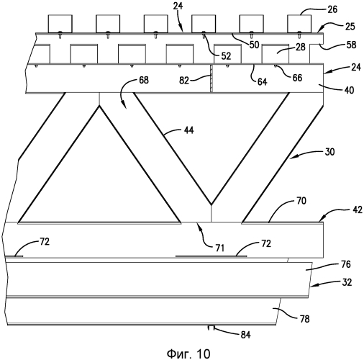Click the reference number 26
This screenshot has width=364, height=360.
(332, 9)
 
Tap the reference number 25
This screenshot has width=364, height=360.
(350, 27)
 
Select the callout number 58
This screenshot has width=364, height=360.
(351, 45)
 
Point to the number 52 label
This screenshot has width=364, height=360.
(226, 56)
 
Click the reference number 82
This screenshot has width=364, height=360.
(184, 81)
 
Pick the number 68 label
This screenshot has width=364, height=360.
(144, 80)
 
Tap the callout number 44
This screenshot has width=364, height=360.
(188, 130)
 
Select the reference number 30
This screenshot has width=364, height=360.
(329, 152)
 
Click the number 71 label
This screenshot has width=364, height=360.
(220, 248)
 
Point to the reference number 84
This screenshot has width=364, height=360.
(245, 335)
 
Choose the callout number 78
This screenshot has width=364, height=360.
(304, 319)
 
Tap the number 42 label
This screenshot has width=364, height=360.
(358, 210)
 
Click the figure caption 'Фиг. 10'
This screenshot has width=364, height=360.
(188, 354)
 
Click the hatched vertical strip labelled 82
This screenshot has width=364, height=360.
(211, 78)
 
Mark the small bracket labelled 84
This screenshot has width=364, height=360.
(211, 328)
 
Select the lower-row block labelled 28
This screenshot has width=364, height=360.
(276, 54)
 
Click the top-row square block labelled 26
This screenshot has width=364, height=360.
(299, 24)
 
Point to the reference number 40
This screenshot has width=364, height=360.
(349, 90)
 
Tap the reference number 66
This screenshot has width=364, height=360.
(297, 78)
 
